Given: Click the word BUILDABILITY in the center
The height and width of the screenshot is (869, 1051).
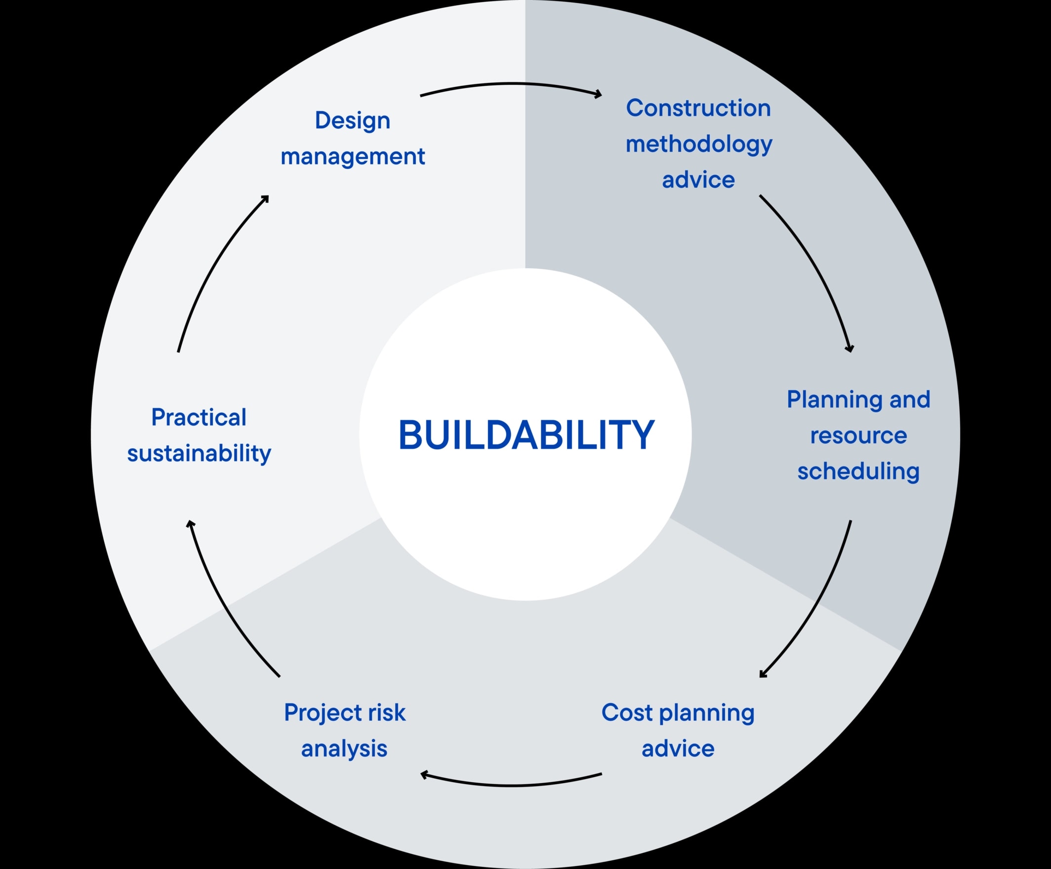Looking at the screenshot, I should [x=526, y=435].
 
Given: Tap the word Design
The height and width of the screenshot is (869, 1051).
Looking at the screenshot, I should [x=352, y=121].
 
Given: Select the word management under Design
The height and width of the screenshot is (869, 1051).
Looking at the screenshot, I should [x=352, y=157].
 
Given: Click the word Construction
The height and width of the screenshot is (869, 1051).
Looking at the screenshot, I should [x=698, y=108].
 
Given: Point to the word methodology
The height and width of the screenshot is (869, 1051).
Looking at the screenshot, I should [x=699, y=145].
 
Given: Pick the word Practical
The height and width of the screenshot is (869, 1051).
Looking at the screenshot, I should [x=199, y=417].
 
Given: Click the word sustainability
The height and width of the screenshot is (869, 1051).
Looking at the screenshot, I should [x=199, y=453].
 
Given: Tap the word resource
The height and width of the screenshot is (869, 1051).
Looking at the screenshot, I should [x=858, y=435].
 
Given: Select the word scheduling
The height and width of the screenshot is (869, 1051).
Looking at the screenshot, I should [x=858, y=471].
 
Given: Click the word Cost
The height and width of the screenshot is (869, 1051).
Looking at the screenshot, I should [x=627, y=712].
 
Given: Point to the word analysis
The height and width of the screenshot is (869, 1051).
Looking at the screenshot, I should [x=344, y=749].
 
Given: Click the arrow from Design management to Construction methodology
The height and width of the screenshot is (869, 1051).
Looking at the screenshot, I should [x=511, y=84].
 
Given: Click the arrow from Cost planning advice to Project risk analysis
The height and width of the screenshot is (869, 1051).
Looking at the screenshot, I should [x=511, y=786].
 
